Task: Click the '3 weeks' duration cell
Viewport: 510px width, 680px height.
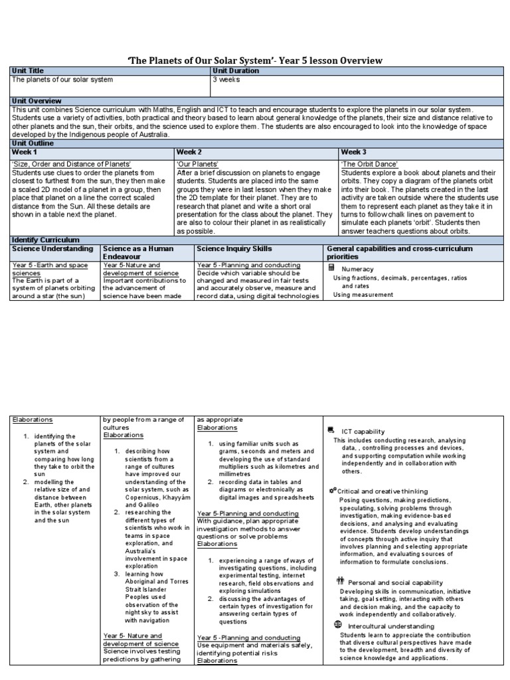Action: click(x=226, y=79)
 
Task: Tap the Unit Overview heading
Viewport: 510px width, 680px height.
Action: click(x=35, y=101)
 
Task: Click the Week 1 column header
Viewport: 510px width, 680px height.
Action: click(x=25, y=152)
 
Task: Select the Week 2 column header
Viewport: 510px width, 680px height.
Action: click(x=189, y=152)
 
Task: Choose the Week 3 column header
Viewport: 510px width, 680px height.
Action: click(x=354, y=152)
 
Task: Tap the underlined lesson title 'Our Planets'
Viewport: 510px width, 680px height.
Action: click(x=198, y=163)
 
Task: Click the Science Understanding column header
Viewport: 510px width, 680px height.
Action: click(x=52, y=248)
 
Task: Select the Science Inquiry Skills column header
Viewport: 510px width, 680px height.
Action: click(x=233, y=248)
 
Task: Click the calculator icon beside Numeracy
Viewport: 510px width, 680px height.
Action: click(x=331, y=267)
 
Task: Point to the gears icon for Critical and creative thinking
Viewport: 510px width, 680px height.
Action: click(x=332, y=489)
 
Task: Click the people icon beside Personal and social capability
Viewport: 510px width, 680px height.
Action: click(x=339, y=581)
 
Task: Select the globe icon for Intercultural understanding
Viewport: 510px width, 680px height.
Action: click(x=338, y=624)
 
